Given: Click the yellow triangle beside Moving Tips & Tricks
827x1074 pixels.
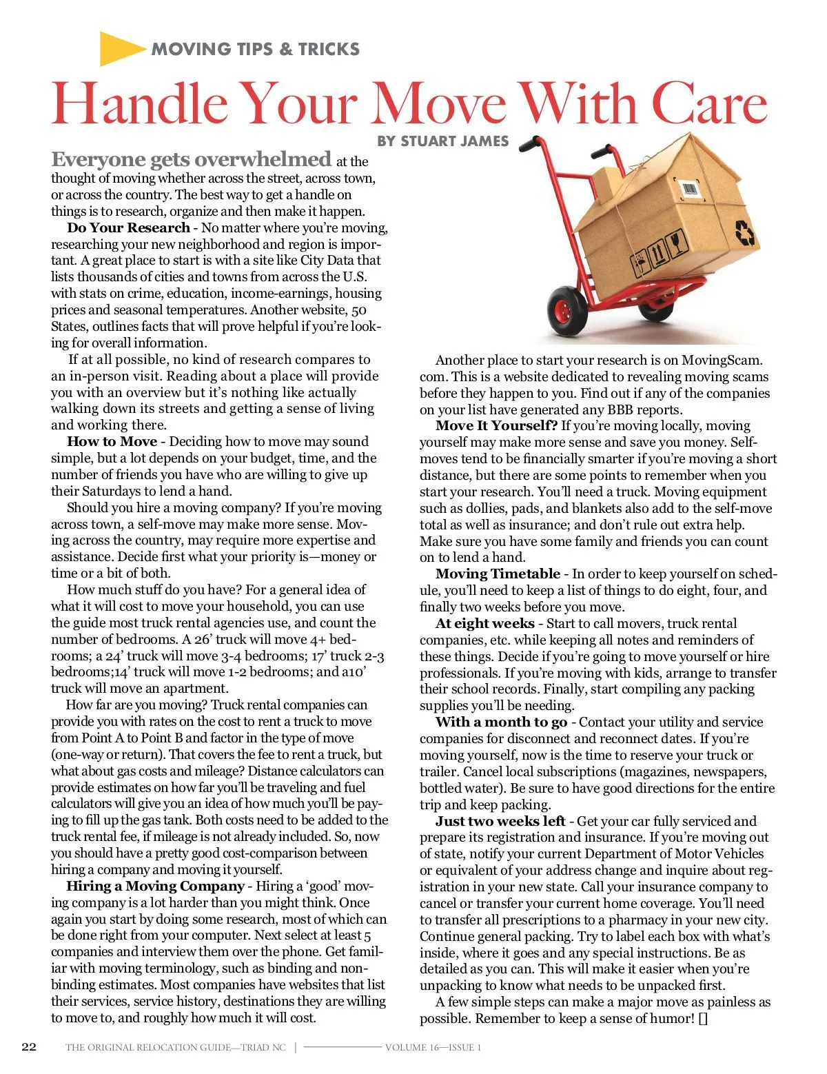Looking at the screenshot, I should tap(121, 48).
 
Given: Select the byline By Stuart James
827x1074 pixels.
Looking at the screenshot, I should tap(442, 141).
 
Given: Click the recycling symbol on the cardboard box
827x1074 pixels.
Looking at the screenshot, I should tap(745, 232).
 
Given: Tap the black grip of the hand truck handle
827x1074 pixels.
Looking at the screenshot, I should tap(529, 145).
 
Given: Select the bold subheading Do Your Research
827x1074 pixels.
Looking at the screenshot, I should tap(128, 228).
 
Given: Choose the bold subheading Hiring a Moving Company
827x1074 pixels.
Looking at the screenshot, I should tap(155, 886).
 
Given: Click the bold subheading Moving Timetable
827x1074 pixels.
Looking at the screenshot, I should tap(498, 574).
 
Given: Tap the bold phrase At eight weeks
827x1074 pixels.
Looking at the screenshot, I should tap(485, 624).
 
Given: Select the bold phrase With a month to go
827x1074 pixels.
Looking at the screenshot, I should tap(501, 722).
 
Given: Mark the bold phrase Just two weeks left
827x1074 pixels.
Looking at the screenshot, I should tap(500, 822).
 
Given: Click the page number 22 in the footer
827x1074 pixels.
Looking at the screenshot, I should tap(29, 1047).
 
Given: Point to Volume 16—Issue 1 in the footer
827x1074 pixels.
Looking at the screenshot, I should tap(433, 1048).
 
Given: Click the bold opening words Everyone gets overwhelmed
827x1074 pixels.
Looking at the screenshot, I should tap(191, 160).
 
